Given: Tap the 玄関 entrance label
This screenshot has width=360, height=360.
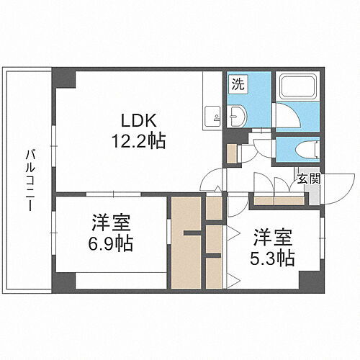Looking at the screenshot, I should click(309, 179).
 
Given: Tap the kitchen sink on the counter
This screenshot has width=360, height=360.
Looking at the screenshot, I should click(212, 115).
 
